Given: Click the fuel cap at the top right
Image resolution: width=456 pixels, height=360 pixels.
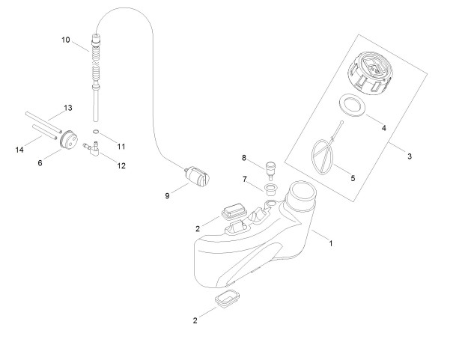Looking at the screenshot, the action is coord(369,73).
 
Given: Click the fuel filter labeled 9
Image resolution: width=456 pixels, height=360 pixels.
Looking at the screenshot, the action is coord(197,175).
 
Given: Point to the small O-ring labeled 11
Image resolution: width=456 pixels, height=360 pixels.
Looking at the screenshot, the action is coord(96,132).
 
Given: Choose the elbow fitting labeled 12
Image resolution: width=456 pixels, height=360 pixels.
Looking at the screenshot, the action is coord(92,147).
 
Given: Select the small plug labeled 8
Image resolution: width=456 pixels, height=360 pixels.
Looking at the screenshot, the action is coord(270,171).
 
